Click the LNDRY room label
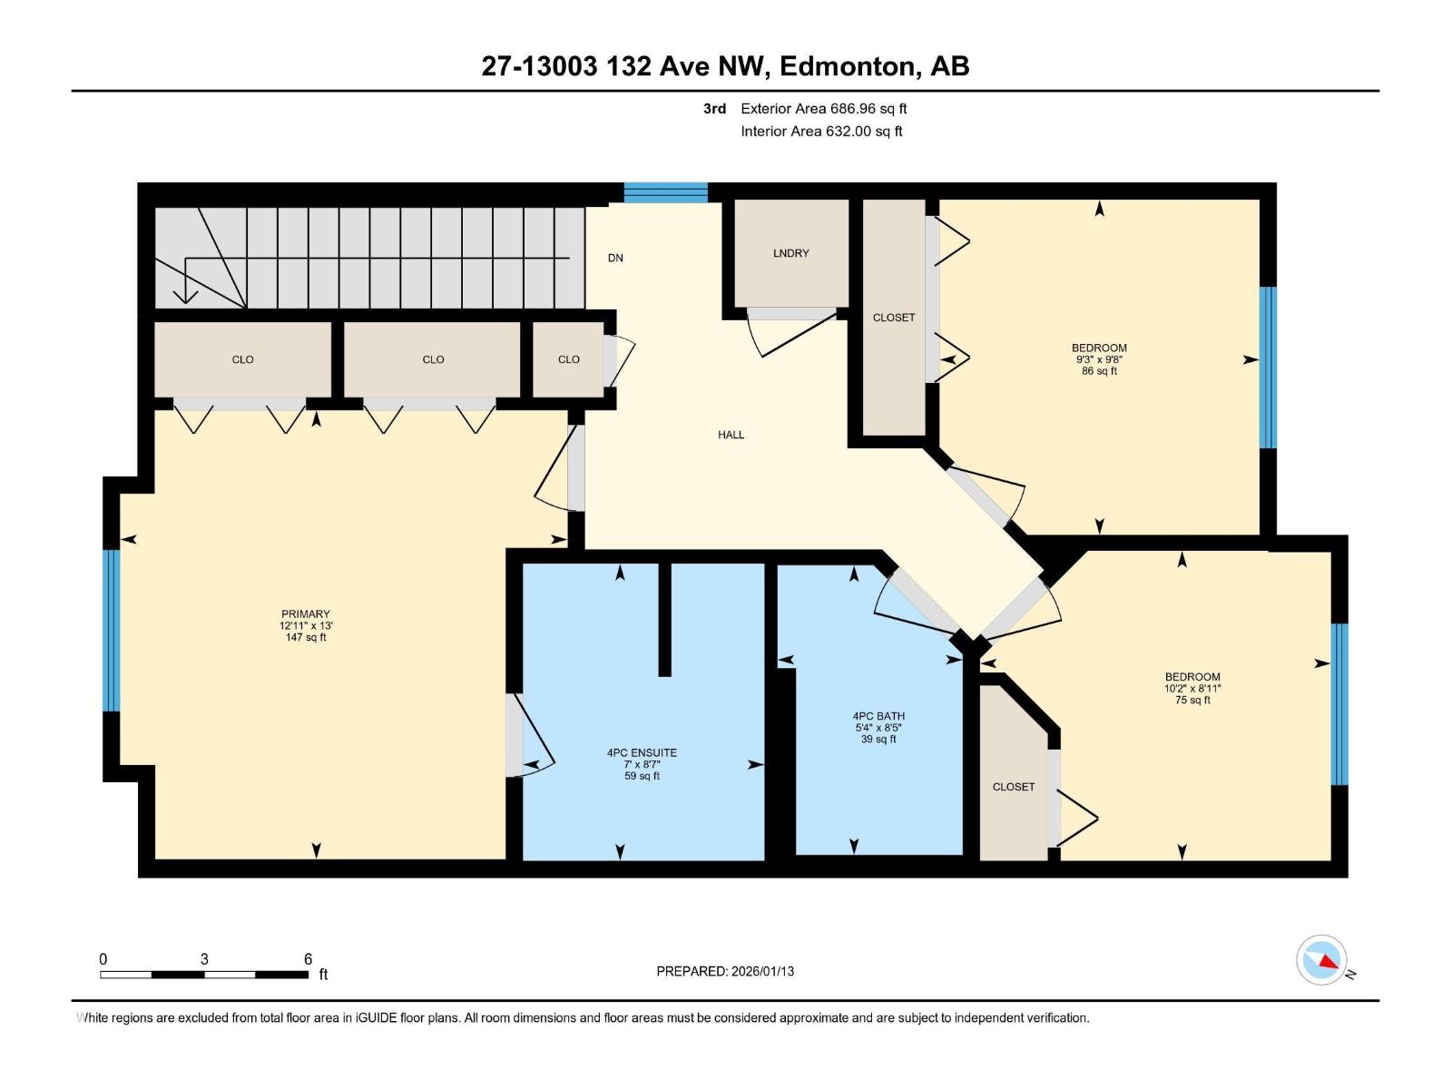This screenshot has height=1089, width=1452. click(790, 253)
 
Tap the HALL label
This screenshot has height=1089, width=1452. click(731, 435)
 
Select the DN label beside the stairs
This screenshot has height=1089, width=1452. click(615, 258)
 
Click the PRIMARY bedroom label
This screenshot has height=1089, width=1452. click(305, 614)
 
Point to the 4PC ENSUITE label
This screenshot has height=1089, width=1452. click(642, 752)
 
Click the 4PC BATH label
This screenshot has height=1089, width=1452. click(878, 716)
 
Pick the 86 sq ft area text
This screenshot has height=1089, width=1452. click(1099, 371)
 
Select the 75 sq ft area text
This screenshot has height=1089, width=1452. click(1192, 700)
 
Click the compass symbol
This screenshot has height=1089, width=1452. click(1321, 960)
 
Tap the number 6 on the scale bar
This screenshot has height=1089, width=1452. click(308, 959)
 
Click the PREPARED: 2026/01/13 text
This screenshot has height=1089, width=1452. click(725, 971)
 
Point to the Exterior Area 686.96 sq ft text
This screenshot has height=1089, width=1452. click(823, 109)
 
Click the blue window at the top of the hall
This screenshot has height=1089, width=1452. click(665, 191)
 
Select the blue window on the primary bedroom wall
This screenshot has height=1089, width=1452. click(111, 630)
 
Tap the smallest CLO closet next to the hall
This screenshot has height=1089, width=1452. click(568, 359)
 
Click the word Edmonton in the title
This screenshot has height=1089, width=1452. click(847, 66)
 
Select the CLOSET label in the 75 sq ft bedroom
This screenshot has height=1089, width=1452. click(1013, 787)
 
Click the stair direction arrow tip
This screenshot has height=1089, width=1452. click(185, 299)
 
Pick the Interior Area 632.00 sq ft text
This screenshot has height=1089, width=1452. click(821, 132)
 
